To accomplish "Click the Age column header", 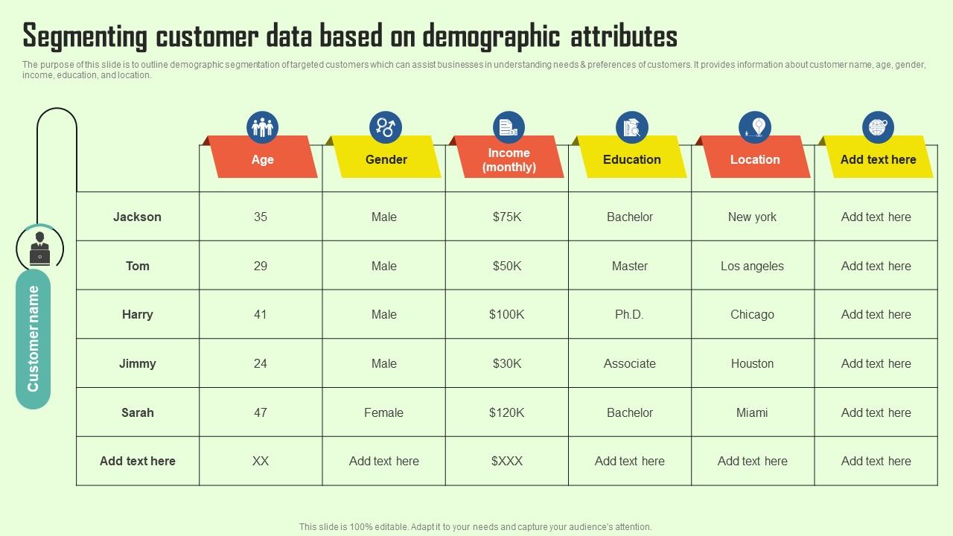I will [x=262, y=159].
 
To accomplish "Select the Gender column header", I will [x=386, y=159].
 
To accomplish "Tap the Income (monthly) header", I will [x=509, y=159].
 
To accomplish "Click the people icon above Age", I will [x=262, y=127].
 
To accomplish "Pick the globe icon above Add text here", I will [x=878, y=127].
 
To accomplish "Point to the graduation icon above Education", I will [x=631, y=127].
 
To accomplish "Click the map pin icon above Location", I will [x=755, y=127].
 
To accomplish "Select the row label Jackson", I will [x=137, y=217].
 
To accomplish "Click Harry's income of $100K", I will [x=506, y=314].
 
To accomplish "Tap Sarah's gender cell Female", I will [x=383, y=412].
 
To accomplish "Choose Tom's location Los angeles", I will [x=752, y=266].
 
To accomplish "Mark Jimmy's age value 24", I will [x=260, y=363].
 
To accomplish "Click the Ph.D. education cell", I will [x=629, y=314].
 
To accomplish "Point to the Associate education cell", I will [x=629, y=363].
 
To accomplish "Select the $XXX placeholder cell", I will [x=506, y=461].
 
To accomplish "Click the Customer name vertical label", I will [x=33, y=339].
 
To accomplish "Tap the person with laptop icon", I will [x=39, y=248].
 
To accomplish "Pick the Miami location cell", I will [x=752, y=412].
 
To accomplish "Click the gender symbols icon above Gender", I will [x=385, y=127].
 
